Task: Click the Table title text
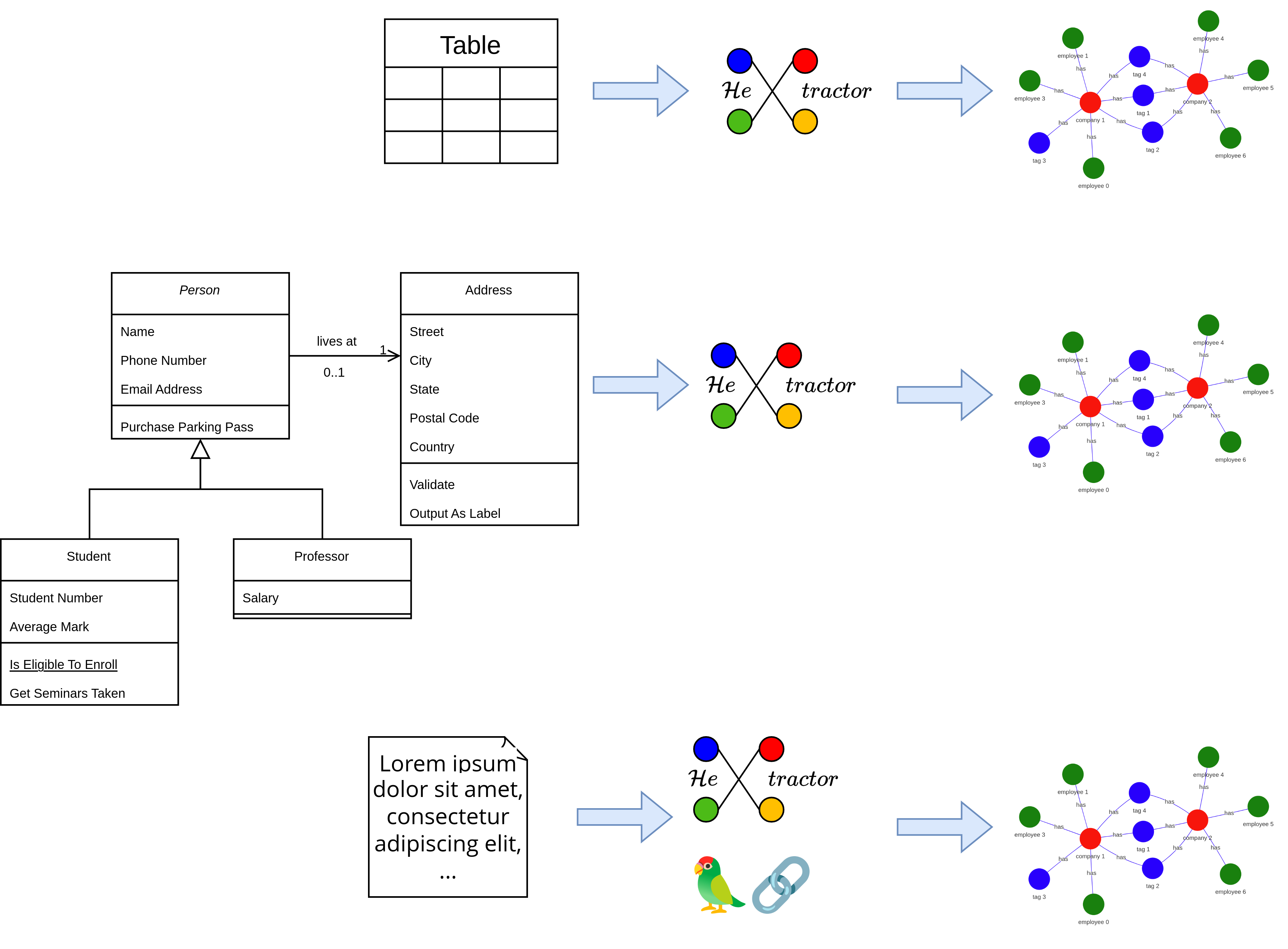[470, 45]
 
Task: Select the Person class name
[199, 290]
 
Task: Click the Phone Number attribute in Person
[163, 360]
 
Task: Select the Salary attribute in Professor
[260, 598]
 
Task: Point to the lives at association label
[337, 341]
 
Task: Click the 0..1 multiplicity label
[334, 372]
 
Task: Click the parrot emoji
[717, 885]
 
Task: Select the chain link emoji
[780, 885]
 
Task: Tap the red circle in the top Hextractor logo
[804, 61]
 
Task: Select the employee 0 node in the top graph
[1093, 168]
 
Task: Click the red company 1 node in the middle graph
[1089, 406]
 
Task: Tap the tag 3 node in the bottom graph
[1038, 878]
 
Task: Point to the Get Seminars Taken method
[67, 693]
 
